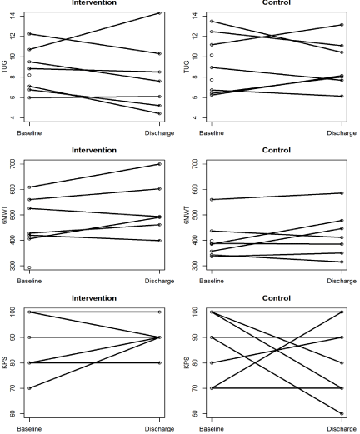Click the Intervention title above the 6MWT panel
pyautogui.click(x=94, y=150)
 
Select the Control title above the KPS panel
pyautogui.click(x=277, y=298)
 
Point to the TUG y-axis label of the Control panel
pyautogui.click(x=187, y=67)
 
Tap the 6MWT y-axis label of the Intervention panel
pyautogui.click(x=4, y=215)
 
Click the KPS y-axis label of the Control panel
pyautogui.click(x=187, y=362)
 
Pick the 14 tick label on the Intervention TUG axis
pyautogui.click(x=12, y=16)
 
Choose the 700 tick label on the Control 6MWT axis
pyautogui.click(x=195, y=164)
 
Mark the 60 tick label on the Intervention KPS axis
pyautogui.click(x=12, y=413)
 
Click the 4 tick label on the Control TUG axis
pyautogui.click(x=195, y=117)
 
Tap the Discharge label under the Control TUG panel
pyautogui.click(x=342, y=133)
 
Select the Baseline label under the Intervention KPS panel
pyautogui.click(x=29, y=429)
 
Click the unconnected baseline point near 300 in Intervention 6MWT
pyautogui.click(x=29, y=267)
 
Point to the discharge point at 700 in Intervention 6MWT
pyautogui.click(x=159, y=164)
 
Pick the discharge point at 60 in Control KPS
pyautogui.click(x=342, y=413)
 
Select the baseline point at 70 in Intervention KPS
pyautogui.click(x=29, y=388)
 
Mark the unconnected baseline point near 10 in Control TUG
pyautogui.click(x=212, y=55)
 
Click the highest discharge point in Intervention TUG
pyautogui.click(x=159, y=12)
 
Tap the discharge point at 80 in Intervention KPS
pyautogui.click(x=159, y=362)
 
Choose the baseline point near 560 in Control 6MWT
pyautogui.click(x=212, y=199)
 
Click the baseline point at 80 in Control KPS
pyautogui.click(x=212, y=362)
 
